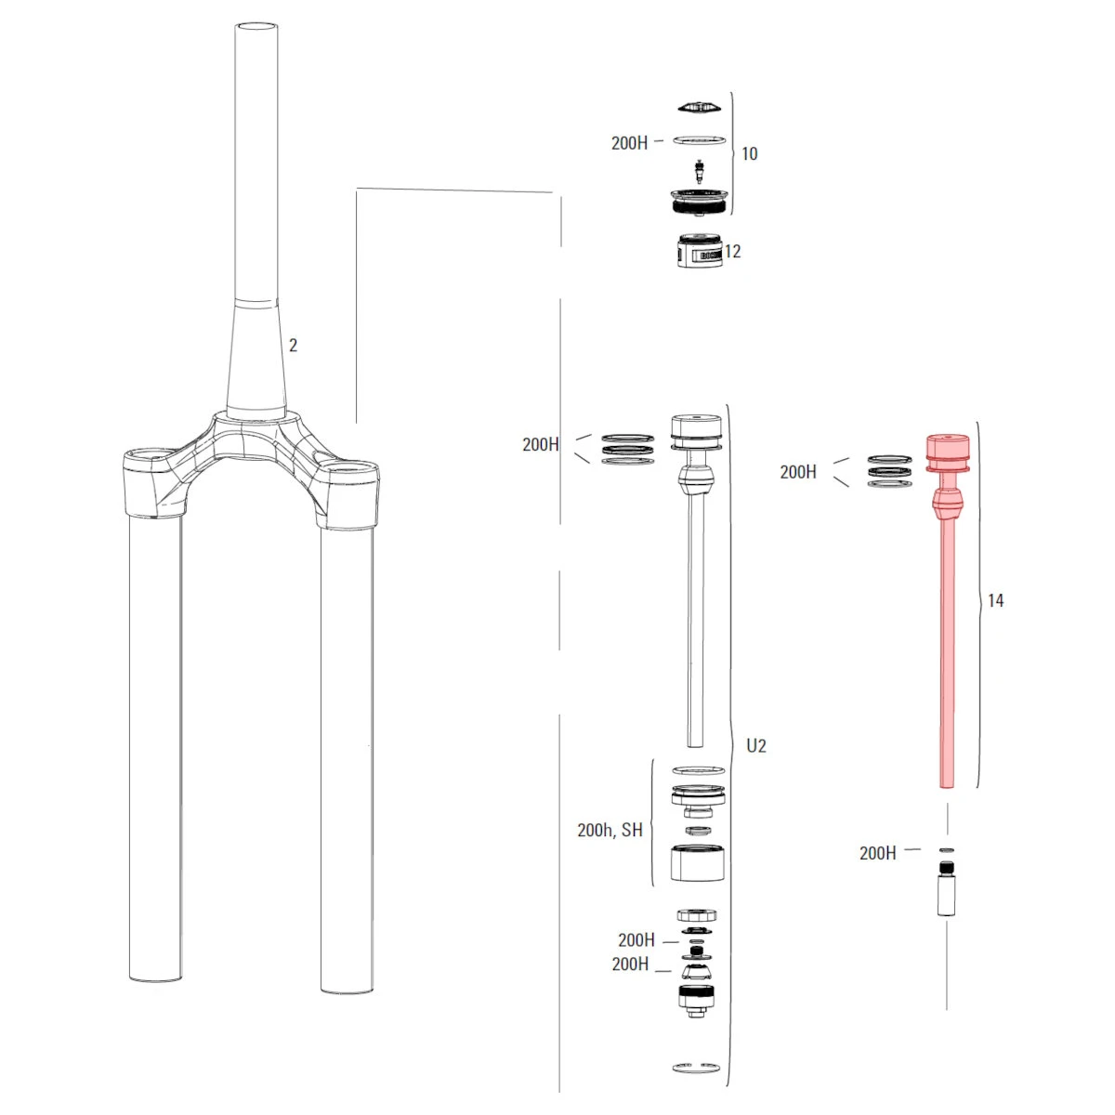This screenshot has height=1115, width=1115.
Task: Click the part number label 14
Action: click(995, 601)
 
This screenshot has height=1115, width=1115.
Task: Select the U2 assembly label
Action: click(756, 746)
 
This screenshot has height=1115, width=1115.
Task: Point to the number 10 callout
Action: click(749, 154)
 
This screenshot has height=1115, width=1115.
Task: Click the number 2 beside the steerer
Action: click(294, 346)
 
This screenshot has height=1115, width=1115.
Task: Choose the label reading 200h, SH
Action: click(610, 830)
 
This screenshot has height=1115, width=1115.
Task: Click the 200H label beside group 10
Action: click(629, 143)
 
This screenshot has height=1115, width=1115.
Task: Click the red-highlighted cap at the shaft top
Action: click(948, 453)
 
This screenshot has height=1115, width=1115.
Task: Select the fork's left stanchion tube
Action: click(154, 743)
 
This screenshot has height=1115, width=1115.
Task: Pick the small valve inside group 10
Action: click(700, 171)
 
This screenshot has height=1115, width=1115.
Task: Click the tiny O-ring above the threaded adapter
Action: click(947, 850)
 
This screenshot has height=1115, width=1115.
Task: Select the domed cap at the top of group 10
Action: click(700, 108)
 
